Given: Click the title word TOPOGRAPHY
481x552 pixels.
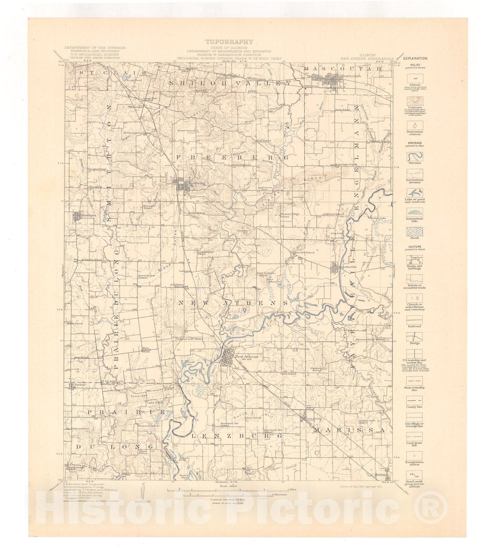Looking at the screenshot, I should pyautogui.click(x=229, y=42).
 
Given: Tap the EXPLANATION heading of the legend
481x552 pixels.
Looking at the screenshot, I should pyautogui.click(x=416, y=59).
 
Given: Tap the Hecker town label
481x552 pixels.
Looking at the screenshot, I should pyautogui.click(x=80, y=384).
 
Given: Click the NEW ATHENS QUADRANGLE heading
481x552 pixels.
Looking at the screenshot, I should pyautogui.click(x=367, y=59).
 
